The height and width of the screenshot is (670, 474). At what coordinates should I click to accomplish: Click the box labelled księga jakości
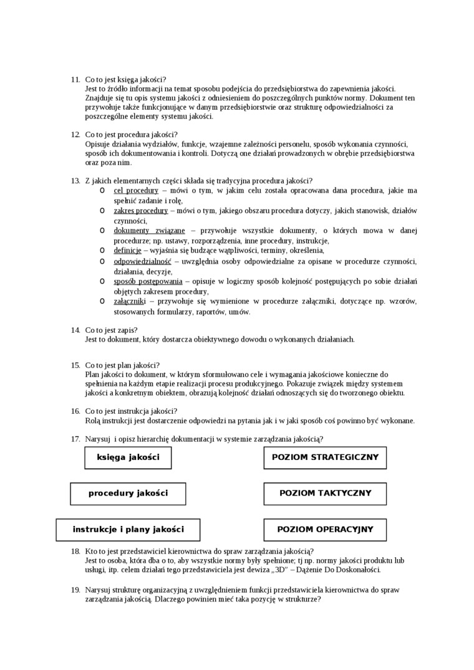pyautogui.click(x=128, y=457)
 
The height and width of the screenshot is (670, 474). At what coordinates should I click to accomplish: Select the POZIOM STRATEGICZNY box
pyautogui.click(x=325, y=457)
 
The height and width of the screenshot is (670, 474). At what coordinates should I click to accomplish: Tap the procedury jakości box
pyautogui.click(x=128, y=494)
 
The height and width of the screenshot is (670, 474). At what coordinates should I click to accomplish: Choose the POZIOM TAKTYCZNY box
pyautogui.click(x=325, y=494)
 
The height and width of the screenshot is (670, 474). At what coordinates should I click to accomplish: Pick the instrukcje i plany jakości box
pyautogui.click(x=128, y=530)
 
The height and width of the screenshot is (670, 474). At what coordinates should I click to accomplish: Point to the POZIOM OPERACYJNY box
pyautogui.click(x=325, y=530)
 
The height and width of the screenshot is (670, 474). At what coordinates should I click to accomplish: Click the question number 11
pyautogui.click(x=75, y=79)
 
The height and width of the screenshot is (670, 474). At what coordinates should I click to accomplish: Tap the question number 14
pyautogui.click(x=75, y=330)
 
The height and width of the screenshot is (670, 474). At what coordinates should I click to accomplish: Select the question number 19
pyautogui.click(x=75, y=590)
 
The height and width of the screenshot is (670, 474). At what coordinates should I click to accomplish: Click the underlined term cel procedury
pyautogui.click(x=136, y=191)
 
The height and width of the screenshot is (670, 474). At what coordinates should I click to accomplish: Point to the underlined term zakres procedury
pyautogui.click(x=140, y=211)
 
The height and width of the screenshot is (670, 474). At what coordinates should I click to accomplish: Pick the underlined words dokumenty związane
pyautogui.click(x=149, y=231)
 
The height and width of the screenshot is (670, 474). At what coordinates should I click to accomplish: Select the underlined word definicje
pyautogui.click(x=127, y=251)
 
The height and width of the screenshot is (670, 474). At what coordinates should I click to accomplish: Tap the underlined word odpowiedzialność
pyautogui.click(x=142, y=261)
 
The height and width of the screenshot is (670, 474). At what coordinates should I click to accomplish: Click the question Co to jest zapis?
pyautogui.click(x=112, y=330)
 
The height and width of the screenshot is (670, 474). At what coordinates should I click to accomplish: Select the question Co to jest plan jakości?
pyautogui.click(x=122, y=365)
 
